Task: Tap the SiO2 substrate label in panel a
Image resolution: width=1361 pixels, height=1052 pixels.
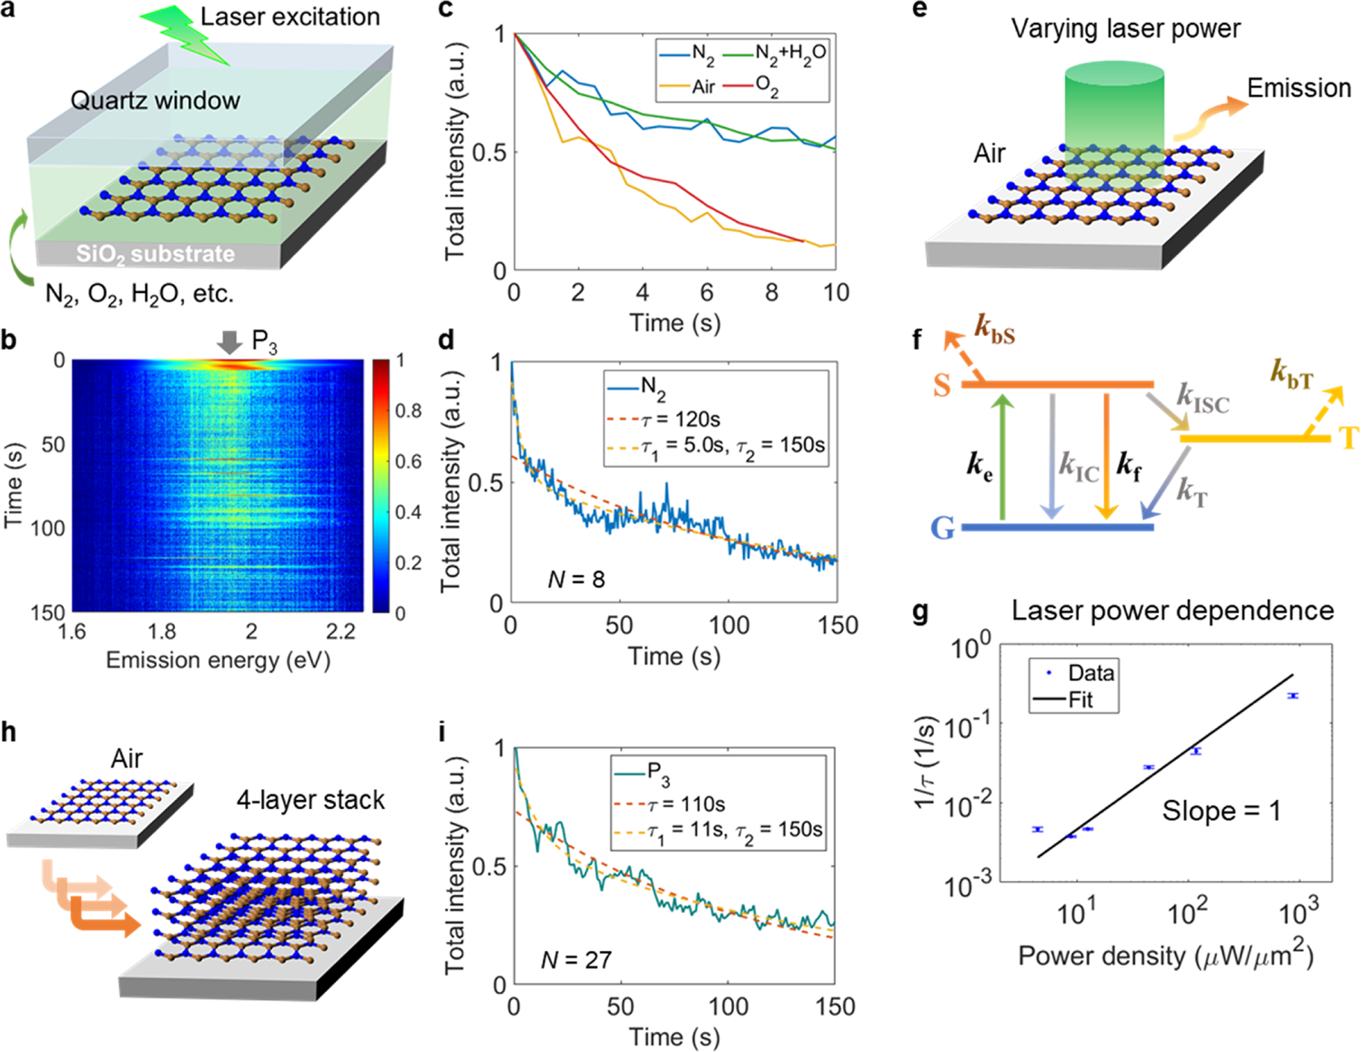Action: tap(156, 254)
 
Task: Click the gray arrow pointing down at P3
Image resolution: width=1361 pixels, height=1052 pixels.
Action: tap(229, 342)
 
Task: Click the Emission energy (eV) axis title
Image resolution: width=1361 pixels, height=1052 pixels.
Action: tap(218, 660)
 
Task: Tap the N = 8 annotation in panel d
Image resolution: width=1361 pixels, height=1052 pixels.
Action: tap(575, 579)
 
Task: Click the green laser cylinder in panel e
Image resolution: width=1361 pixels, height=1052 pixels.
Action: tap(1114, 109)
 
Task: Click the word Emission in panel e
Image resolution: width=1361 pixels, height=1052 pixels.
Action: tap(1298, 88)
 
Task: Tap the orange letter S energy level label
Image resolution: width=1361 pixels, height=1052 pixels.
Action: tap(942, 385)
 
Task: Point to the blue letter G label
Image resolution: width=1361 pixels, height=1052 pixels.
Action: tap(943, 528)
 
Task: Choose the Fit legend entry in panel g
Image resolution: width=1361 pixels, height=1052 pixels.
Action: tap(1078, 700)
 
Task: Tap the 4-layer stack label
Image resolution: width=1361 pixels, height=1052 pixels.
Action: tap(310, 800)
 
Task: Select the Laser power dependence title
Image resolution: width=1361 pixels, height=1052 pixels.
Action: tap(1173, 611)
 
